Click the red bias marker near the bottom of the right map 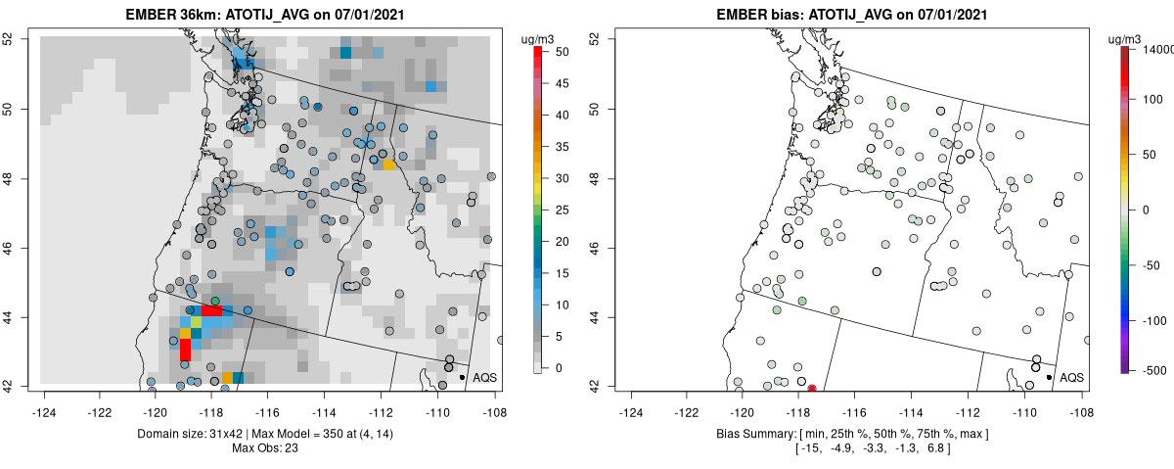812,388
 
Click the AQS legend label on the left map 484,377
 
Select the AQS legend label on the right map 1071,377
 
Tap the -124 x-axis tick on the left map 45,402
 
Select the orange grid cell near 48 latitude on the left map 389,164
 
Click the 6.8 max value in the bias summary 929,448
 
